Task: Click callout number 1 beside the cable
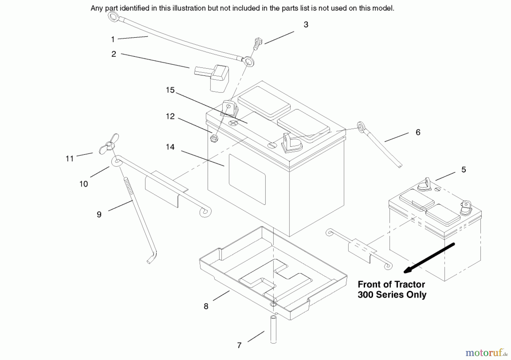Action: [113, 39]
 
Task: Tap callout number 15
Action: [170, 90]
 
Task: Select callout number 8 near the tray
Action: [206, 306]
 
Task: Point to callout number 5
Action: [464, 170]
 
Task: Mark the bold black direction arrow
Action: [429, 258]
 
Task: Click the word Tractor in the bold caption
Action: [409, 284]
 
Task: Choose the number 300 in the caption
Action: [365, 295]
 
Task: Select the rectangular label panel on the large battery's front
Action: [247, 179]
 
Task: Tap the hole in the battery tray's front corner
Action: [273, 304]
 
